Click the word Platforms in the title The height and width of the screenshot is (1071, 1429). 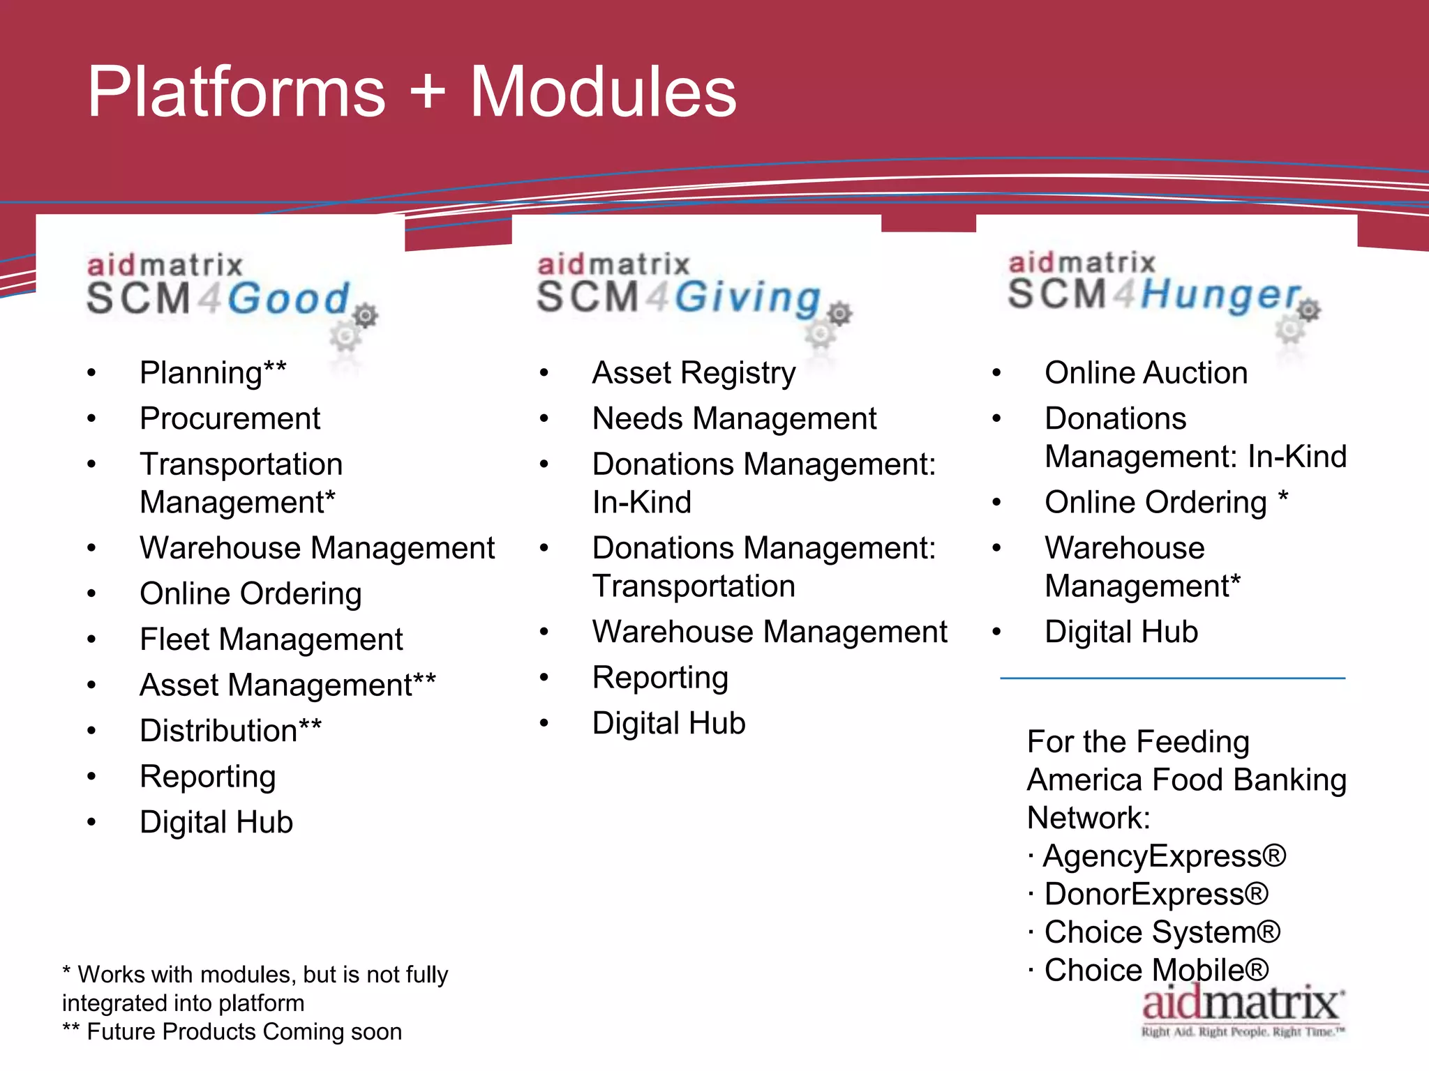[236, 92]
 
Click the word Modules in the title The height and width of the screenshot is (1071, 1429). [603, 92]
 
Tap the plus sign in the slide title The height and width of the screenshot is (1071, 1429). [427, 93]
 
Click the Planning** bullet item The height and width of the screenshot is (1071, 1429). [213, 373]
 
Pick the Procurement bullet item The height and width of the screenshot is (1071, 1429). [230, 419]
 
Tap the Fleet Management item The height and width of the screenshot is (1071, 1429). [271, 639]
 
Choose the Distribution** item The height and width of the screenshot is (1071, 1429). [230, 731]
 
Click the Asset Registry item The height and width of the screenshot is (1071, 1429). [694, 373]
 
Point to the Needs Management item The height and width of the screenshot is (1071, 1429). [734, 419]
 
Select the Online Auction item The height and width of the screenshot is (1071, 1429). [1146, 373]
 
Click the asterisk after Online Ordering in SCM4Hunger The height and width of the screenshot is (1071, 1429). [1282, 498]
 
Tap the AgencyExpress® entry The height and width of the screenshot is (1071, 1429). [1163, 856]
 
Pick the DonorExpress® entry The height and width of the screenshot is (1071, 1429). [1155, 895]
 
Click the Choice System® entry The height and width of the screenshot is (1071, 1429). [1162, 933]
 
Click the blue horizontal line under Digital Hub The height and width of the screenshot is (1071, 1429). [1172, 678]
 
